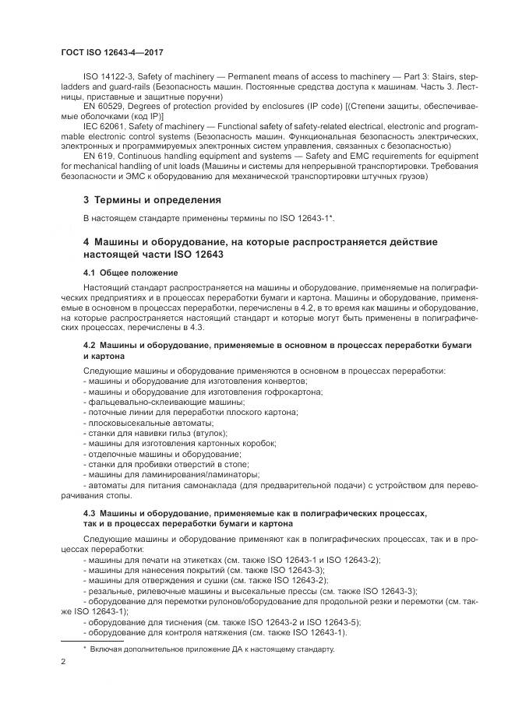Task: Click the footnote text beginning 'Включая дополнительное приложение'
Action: (x=211, y=649)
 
